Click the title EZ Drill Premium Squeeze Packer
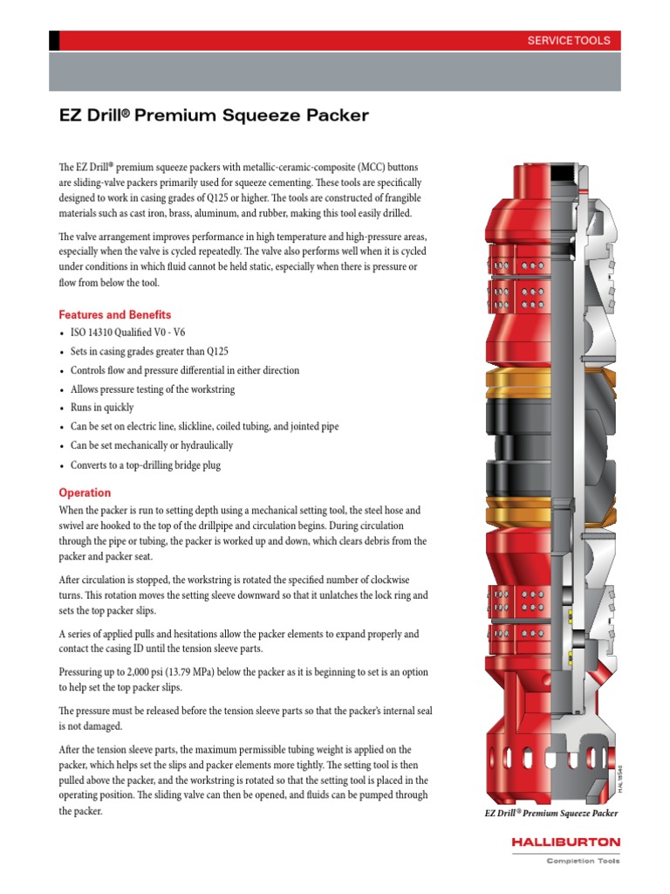click(x=214, y=115)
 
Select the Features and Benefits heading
click(x=114, y=314)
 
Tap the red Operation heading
click(x=85, y=492)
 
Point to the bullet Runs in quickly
click(x=102, y=408)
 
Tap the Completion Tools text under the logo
click(x=583, y=862)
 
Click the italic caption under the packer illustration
click(x=551, y=814)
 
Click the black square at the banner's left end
click(x=54, y=40)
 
